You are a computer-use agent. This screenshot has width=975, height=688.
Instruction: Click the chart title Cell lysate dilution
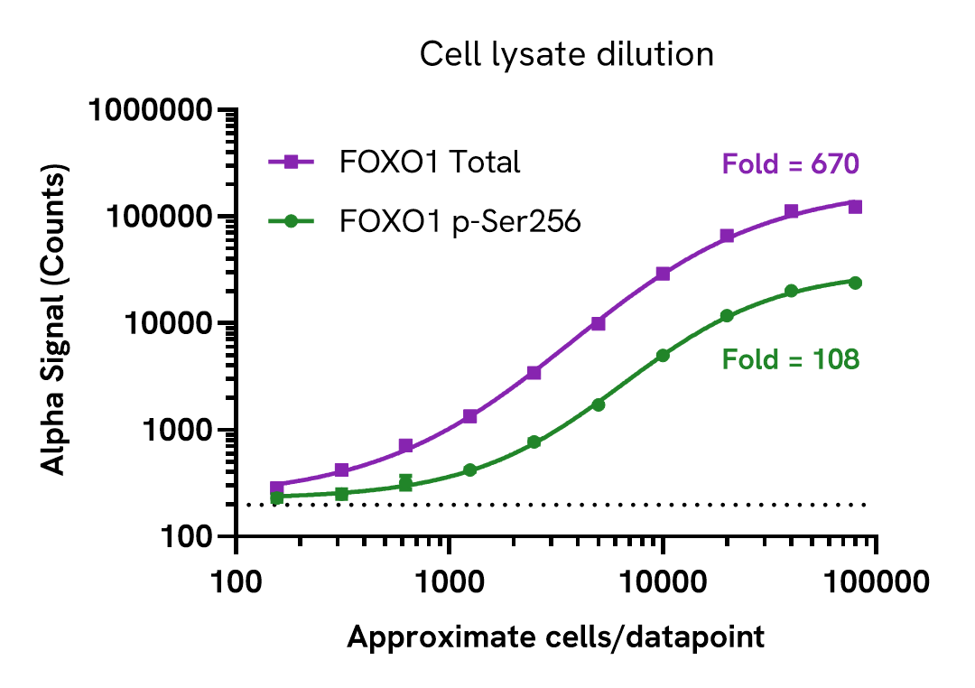(x=566, y=55)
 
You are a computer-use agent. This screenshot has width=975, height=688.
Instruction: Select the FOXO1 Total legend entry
(x=430, y=162)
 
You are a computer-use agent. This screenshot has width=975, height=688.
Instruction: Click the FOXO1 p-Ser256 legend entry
(x=460, y=221)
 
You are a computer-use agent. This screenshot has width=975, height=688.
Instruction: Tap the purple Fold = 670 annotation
(x=789, y=164)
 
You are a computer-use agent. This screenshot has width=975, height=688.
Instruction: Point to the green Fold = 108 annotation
(x=790, y=360)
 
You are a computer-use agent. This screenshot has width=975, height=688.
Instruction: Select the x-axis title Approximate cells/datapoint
(x=555, y=637)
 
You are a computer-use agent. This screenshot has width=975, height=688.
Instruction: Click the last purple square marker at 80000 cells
(x=855, y=207)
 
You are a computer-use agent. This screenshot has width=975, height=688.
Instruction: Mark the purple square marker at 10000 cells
(x=663, y=274)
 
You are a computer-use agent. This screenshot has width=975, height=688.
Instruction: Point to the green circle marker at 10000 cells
(x=663, y=356)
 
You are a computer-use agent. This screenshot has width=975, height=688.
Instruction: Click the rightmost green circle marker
(x=855, y=283)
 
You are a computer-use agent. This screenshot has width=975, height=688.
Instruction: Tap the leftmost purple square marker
(x=277, y=488)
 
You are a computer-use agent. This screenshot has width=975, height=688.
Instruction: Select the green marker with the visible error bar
(x=405, y=484)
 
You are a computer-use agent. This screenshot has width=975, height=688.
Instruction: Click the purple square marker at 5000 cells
(x=598, y=323)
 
